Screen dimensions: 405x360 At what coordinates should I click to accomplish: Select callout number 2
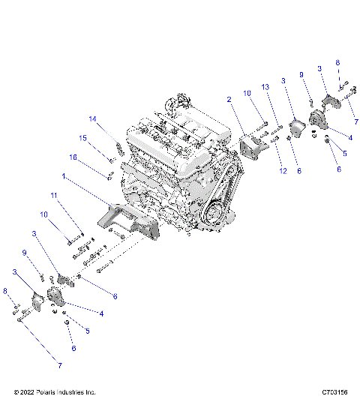pos(229,98)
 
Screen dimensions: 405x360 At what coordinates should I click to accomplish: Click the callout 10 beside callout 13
pos(247,92)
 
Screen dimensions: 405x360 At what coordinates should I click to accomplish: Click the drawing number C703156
pos(334,391)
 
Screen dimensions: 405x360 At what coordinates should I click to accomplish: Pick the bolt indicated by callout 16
pos(111,176)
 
